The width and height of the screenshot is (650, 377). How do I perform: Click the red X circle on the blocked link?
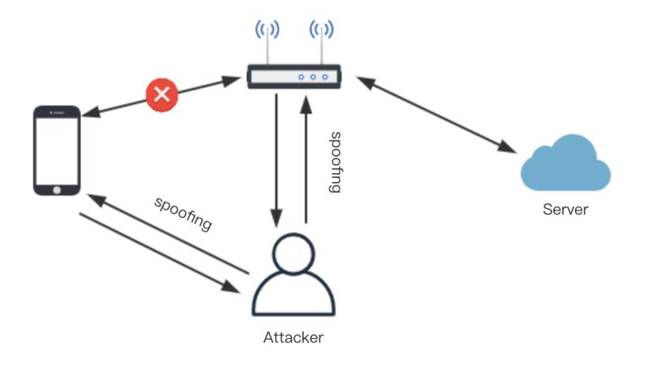[x=162, y=95]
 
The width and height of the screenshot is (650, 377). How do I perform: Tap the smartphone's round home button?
[x=56, y=188]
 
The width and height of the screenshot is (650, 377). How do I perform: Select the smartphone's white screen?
[x=56, y=148]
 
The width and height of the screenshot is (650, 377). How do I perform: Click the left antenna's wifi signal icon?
[x=267, y=31]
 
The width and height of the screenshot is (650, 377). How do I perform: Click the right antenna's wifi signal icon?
[x=322, y=31]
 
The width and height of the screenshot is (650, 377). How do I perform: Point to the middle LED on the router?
[x=313, y=77]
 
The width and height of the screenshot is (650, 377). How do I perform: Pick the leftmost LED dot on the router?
[x=301, y=77]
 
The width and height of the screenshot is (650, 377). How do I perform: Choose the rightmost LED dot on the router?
[x=325, y=77]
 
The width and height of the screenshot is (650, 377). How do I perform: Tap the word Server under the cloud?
[x=565, y=210]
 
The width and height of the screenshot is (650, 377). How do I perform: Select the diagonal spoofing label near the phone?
[x=184, y=213]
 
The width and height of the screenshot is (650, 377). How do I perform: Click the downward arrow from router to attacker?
[x=277, y=158]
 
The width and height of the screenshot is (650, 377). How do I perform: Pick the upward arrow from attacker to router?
[x=306, y=158]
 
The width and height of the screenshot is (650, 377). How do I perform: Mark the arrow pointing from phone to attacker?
[x=154, y=252]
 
